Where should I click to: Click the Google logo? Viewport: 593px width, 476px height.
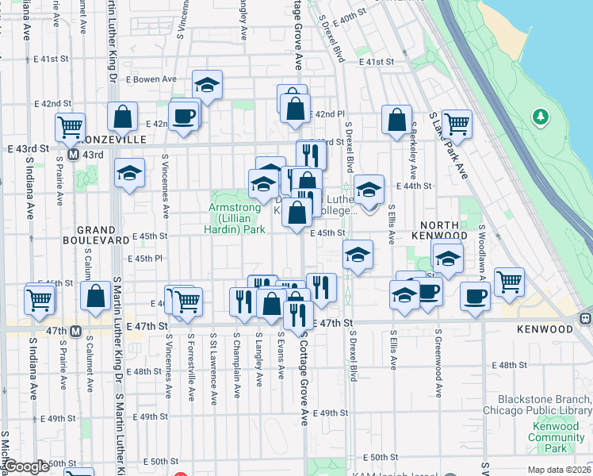27,466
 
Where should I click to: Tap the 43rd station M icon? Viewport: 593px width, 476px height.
73,154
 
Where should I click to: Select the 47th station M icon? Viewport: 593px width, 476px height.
76,331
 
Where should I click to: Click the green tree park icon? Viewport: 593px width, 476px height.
541,117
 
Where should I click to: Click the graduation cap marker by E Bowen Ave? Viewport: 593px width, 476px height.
207,85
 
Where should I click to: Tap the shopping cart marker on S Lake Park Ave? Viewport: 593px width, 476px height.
457,124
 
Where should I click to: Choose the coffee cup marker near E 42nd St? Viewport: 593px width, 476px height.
183,115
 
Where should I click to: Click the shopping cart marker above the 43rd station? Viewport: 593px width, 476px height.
70,125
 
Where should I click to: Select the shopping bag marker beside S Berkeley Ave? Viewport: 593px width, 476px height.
396,121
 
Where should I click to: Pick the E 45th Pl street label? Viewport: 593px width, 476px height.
146,259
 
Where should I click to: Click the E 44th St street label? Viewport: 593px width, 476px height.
415,186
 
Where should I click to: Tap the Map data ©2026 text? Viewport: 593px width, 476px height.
560,470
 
